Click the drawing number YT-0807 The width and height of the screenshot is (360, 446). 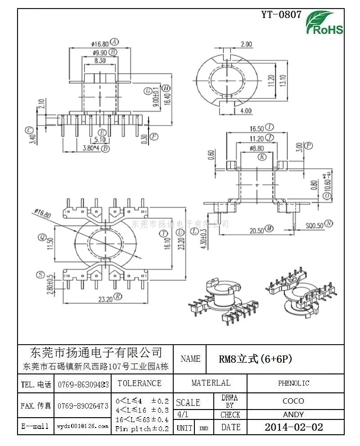[x=281, y=14]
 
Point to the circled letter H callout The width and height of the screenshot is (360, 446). [x=166, y=88]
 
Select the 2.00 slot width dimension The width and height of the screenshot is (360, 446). [x=246, y=44]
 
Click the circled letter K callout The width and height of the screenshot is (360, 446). [x=262, y=157]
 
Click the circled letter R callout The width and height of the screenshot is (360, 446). [x=118, y=296]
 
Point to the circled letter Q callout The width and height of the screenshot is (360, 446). [x=42, y=237]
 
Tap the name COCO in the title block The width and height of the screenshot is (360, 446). [x=293, y=400]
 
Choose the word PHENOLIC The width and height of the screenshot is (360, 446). [x=293, y=383]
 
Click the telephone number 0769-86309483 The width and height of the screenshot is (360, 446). [x=83, y=385]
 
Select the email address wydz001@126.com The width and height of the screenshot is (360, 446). [x=83, y=426]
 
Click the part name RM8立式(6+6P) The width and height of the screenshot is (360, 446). [x=256, y=359]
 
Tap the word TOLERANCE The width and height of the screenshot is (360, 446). [x=139, y=383]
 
